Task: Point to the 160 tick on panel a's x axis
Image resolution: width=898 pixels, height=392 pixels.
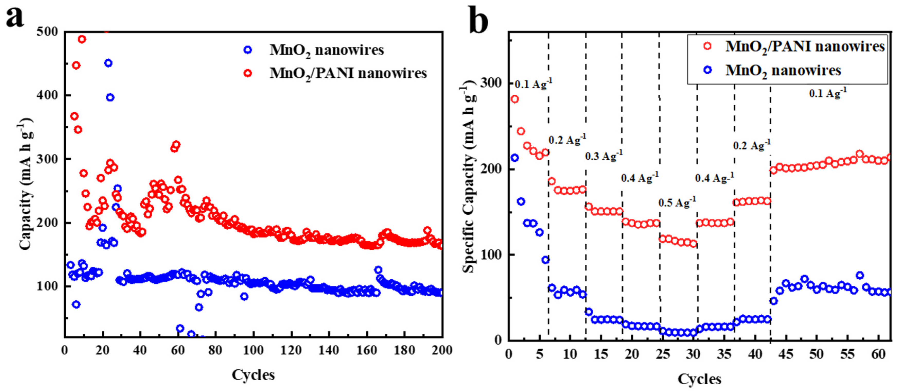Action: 366,350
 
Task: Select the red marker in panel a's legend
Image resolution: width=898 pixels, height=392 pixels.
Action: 248,73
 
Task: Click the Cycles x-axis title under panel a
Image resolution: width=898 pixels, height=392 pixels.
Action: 253,375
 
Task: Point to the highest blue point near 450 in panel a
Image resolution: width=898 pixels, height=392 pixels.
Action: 108,63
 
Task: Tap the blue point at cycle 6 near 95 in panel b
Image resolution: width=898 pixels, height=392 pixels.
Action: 545,260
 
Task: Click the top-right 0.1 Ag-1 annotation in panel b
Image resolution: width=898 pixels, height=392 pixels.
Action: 827,93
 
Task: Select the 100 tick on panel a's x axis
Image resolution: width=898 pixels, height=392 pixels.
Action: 253,350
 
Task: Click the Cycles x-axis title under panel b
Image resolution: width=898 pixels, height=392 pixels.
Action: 699,379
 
